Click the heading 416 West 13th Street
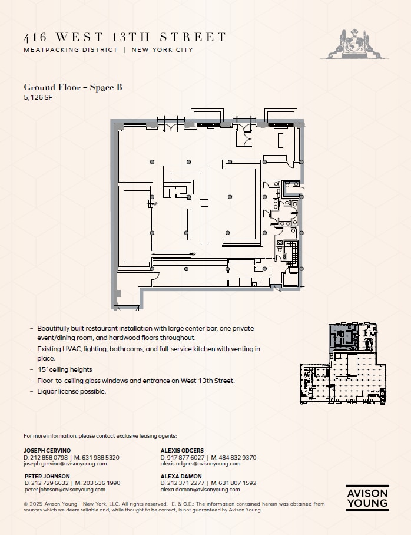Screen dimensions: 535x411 [x=124, y=37]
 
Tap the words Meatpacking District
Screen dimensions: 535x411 [x=71, y=50]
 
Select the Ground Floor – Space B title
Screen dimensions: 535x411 [x=73, y=87]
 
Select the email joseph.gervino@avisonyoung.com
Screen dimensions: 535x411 [x=65, y=464]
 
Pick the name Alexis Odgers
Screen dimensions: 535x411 [x=181, y=450]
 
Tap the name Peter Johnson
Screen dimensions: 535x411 [x=47, y=476]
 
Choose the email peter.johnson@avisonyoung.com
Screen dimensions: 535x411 [x=65, y=490]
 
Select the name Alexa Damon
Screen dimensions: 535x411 [x=181, y=476]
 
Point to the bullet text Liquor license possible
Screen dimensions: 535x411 [x=72, y=391]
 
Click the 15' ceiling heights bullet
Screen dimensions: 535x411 [x=65, y=369]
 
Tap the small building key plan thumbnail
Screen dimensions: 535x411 [x=343, y=365]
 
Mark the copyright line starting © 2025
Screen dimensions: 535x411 [x=174, y=507]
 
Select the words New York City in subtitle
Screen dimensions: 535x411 [x=163, y=50]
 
